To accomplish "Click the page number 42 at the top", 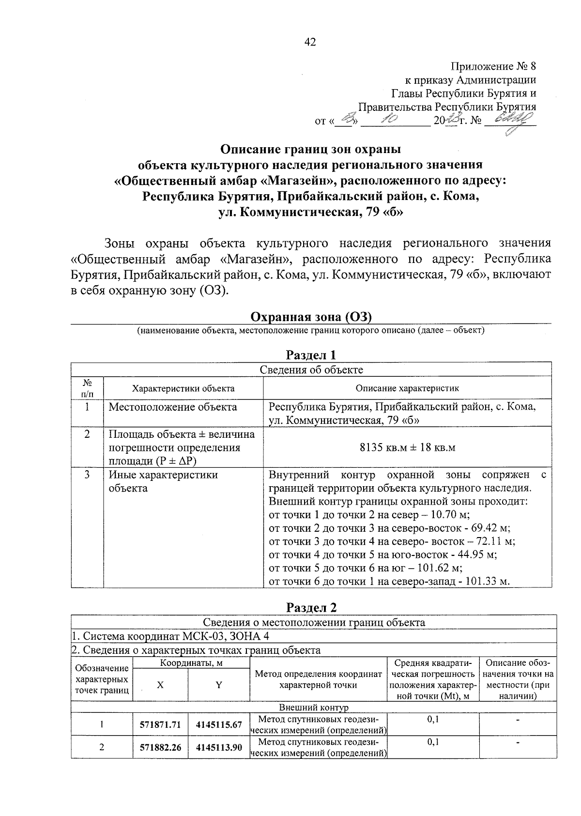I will (x=310, y=43).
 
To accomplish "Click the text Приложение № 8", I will (x=493, y=66).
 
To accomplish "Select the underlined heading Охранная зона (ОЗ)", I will (x=310, y=317).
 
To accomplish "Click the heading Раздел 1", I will (x=311, y=355).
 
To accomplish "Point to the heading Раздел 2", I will (x=311, y=607).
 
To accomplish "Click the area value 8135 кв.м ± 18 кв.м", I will (x=407, y=447).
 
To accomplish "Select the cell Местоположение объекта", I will (x=173, y=407).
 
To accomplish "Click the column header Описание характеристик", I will (x=407, y=388).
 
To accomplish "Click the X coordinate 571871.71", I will (x=160, y=724).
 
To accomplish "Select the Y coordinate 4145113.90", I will (x=219, y=747).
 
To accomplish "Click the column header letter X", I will (x=160, y=685).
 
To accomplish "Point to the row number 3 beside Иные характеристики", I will (x=87, y=475).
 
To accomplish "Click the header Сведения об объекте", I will (x=311, y=370).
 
